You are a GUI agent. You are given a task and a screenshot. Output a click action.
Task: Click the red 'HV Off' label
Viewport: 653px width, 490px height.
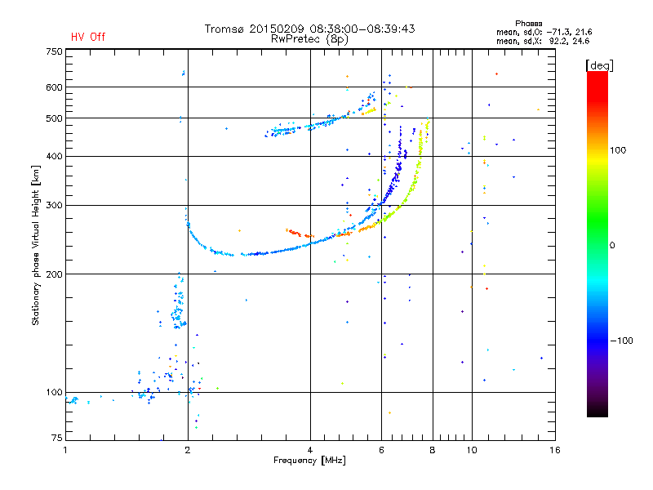point(87,37)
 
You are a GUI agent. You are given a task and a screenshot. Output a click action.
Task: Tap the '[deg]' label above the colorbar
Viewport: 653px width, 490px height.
point(599,65)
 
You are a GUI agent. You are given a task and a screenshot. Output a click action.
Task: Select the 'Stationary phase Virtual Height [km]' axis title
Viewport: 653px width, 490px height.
point(36,246)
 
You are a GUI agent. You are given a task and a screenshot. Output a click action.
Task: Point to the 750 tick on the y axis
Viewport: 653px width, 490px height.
point(54,51)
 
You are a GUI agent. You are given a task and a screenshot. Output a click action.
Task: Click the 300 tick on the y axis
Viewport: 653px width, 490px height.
point(54,205)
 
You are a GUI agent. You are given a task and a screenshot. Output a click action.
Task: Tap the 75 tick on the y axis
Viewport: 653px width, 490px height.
point(56,440)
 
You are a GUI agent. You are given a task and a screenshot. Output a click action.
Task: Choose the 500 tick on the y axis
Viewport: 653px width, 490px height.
point(54,118)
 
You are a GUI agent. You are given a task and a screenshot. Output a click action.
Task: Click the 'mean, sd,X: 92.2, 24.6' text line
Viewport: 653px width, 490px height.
point(543,40)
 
